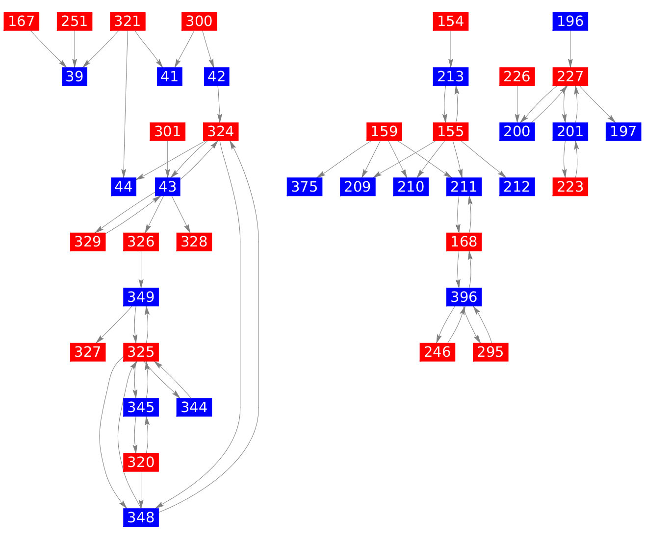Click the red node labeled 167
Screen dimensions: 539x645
(21, 22)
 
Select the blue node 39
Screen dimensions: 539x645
(75, 76)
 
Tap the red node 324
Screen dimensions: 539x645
(221, 131)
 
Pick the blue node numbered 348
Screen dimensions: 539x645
(141, 517)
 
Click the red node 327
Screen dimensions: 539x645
(88, 352)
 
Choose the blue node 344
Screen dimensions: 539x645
(194, 407)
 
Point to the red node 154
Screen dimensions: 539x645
(451, 22)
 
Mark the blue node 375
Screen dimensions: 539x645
(305, 187)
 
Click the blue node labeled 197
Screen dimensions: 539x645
(623, 131)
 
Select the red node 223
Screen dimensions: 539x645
(570, 187)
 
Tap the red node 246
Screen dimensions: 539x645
(438, 352)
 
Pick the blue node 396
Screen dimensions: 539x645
(464, 296)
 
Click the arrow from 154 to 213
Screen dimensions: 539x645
(451, 49)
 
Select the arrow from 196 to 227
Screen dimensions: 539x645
(570, 49)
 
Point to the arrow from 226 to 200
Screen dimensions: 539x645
(517, 104)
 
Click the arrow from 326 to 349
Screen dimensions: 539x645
(141, 269)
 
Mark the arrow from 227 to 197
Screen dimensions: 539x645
(597, 104)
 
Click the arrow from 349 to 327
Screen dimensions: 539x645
(114, 324)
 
